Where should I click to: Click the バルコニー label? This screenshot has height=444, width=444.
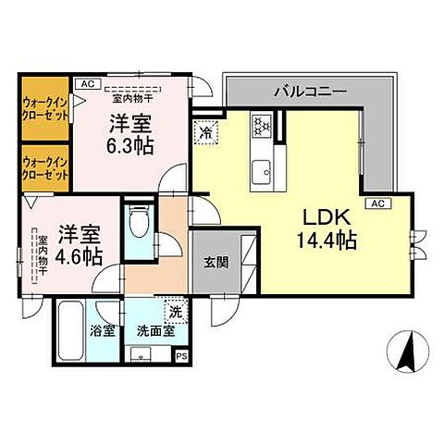click(310, 92)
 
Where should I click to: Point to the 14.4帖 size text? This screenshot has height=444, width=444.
click(326, 241)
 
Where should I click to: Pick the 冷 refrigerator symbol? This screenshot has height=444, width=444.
click(206, 133)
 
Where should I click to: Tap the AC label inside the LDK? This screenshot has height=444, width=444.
click(377, 203)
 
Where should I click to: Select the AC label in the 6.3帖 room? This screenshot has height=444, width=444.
click(86, 83)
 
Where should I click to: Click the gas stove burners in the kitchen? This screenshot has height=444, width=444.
click(261, 123)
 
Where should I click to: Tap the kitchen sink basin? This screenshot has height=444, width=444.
click(262, 169)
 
